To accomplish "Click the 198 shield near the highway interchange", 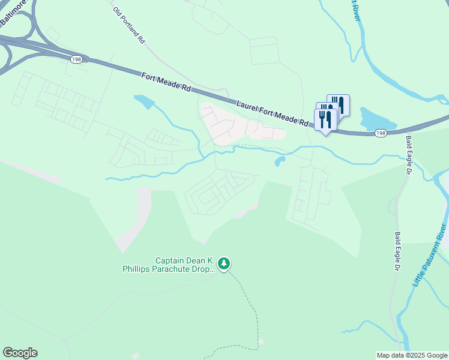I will (x=76, y=59).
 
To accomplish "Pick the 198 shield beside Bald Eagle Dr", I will (x=381, y=133).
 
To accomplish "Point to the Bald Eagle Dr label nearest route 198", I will (x=408, y=154).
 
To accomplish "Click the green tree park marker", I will (x=224, y=263).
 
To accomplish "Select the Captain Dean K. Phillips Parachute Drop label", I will (x=184, y=265).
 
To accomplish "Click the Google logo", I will (x=20, y=353).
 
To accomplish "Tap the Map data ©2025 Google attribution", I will (x=412, y=355).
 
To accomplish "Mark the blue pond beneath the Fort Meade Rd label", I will (x=145, y=101).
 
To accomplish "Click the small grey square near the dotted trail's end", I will (x=261, y=341).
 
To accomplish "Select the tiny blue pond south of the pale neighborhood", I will (x=280, y=161).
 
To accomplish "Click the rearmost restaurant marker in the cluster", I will (x=339, y=104).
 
